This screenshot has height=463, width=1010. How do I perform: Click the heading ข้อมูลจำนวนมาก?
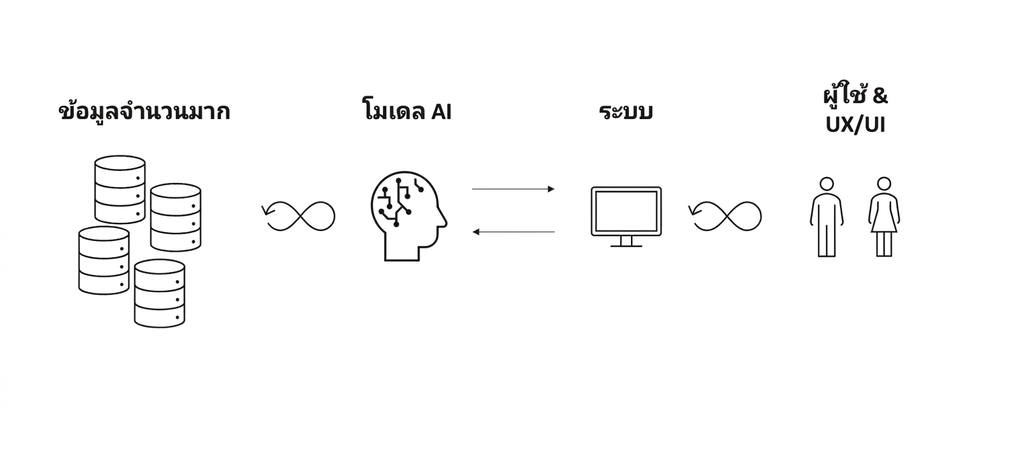144,111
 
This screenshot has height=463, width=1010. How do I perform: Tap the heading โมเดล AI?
407,110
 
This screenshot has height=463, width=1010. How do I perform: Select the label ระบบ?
626,111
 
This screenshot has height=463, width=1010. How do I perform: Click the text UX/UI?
855,124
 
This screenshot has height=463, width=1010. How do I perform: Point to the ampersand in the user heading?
880,96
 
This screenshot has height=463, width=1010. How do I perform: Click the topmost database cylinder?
120,190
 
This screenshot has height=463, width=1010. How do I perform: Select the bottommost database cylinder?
160,293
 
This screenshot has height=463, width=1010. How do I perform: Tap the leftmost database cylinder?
104,260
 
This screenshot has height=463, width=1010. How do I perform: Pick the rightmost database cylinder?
176,217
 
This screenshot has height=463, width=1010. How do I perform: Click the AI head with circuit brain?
408,216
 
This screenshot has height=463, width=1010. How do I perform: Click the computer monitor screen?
626,211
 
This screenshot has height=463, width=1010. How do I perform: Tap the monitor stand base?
626,246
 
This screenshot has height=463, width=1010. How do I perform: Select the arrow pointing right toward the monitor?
513,189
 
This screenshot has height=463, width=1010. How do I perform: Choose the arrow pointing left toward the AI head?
513,231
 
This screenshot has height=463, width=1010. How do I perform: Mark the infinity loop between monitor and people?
727,216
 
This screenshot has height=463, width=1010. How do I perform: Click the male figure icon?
827,217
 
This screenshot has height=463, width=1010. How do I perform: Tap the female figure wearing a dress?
884,217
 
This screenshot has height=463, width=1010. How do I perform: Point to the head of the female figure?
884,184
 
